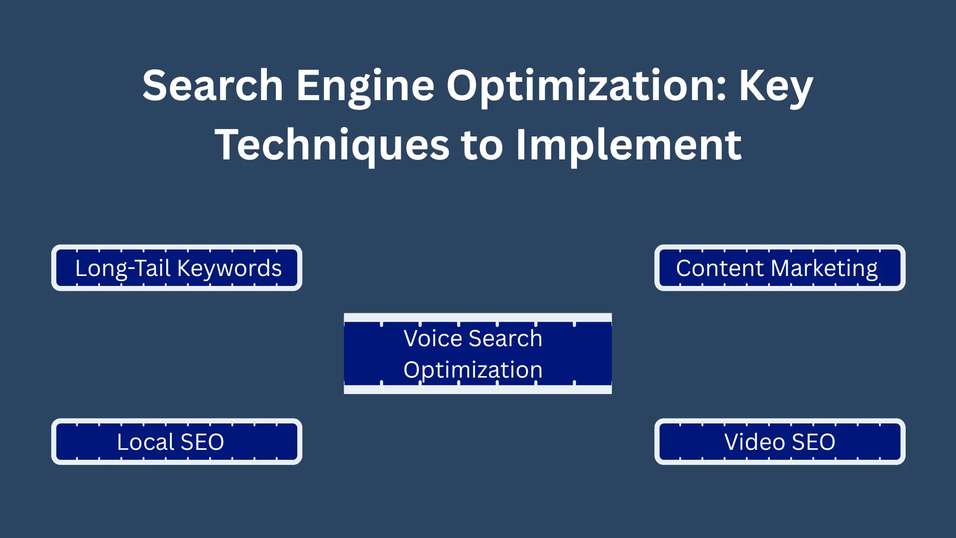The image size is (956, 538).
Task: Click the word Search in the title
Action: pyautogui.click(x=213, y=86)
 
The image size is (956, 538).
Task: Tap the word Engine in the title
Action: pyautogui.click(x=365, y=86)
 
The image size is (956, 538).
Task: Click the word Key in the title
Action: pyautogui.click(x=776, y=86)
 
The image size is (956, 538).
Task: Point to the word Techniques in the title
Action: pyautogui.click(x=332, y=145)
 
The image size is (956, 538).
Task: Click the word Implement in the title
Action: pyautogui.click(x=628, y=145)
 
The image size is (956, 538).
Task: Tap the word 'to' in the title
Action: pyautogui.click(x=482, y=145)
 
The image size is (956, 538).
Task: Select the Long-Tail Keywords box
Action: pyautogui.click(x=177, y=268)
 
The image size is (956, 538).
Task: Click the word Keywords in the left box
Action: pyautogui.click(x=230, y=268)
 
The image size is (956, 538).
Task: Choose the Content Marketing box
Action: pyautogui.click(x=780, y=268)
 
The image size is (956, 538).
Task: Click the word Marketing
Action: pyautogui.click(x=824, y=268)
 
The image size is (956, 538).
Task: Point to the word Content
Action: pyautogui.click(x=719, y=268)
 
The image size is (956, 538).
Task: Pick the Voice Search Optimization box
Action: pyautogui.click(x=478, y=354)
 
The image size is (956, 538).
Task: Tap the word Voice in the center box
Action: pyautogui.click(x=433, y=338)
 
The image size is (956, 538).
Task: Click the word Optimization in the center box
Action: pyautogui.click(x=473, y=370)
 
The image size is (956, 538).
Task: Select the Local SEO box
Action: pyautogui.click(x=177, y=442)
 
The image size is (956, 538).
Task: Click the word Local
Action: pyautogui.click(x=145, y=442)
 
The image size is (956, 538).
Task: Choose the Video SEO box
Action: pyautogui.click(x=780, y=442)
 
